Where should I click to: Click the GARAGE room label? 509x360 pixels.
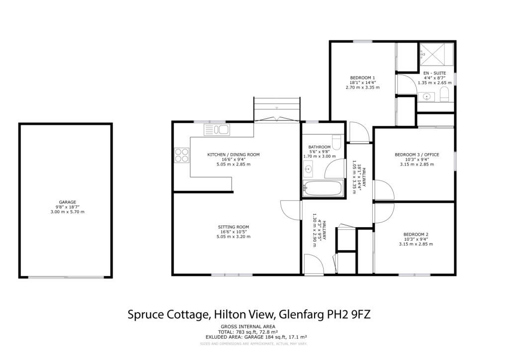point(68,202)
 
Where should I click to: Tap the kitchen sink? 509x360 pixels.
point(217,129)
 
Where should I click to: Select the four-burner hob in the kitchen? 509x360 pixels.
point(182,155)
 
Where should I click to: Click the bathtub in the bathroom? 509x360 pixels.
point(323,188)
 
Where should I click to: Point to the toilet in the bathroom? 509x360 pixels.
point(337,142)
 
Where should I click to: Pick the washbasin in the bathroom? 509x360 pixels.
point(308,169)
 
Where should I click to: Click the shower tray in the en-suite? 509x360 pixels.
point(436,54)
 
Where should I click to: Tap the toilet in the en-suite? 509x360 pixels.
point(444,95)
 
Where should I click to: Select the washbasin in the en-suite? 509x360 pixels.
point(426,97)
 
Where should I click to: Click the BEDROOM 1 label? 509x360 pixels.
point(362,78)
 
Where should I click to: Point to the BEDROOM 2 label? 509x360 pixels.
point(416,234)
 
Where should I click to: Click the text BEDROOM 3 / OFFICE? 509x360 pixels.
point(417,155)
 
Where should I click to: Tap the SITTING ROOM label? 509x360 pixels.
point(234,227)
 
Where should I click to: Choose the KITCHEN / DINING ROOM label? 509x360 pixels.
point(234,155)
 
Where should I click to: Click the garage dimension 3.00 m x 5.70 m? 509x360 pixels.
point(68,212)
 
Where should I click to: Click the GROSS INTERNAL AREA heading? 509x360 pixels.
point(248,327)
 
